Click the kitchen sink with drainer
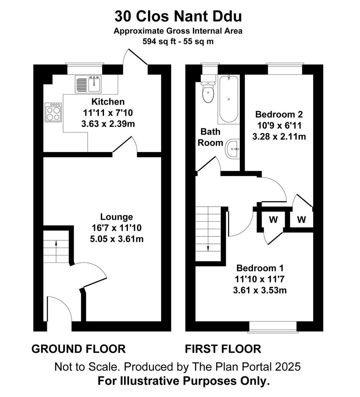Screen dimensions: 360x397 coord(88,84)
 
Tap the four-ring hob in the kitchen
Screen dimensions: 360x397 coord(53,112)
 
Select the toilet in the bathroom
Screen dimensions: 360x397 coord(208,92)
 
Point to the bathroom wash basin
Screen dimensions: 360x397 coord(233,149)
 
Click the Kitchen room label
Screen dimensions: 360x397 coord(108,102)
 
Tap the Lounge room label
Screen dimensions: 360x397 coord(117,217)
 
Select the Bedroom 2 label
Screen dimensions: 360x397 coord(279,114)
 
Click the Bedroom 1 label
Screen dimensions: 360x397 coord(260,268)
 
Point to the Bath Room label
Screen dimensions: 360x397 coord(210,137)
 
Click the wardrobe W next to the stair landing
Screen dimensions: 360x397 coord(274,219)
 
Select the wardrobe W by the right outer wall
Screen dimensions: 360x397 coord(301,219)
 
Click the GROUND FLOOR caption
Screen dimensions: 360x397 coord(78,349)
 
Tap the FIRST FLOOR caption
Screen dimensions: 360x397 coord(223,349)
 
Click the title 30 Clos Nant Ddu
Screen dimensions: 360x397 coord(178,16)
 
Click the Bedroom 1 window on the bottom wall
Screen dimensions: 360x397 coord(273,326)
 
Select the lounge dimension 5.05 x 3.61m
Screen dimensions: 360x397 coord(117,239)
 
